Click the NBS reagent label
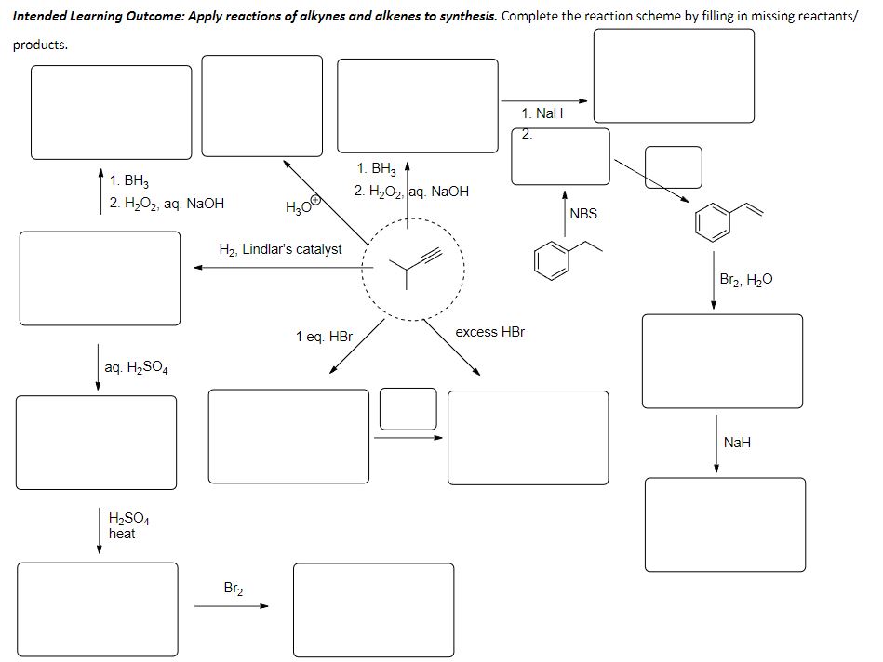583,214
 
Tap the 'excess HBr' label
489,332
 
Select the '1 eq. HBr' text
324,336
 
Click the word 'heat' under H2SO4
122,534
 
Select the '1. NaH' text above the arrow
542,113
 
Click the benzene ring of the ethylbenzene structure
551,258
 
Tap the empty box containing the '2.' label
560,156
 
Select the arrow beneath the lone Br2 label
231,607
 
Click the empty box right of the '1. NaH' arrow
674,75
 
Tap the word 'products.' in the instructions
40,45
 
